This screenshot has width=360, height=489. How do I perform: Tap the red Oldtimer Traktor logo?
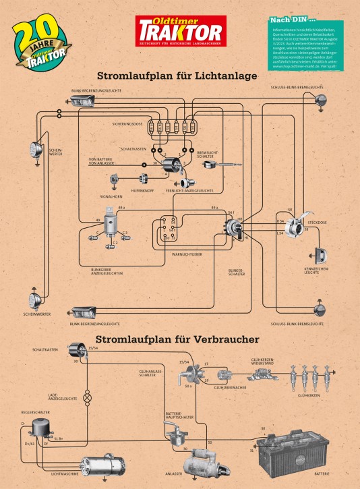coord(180,30)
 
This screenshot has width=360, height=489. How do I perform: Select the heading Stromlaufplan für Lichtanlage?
coord(177,76)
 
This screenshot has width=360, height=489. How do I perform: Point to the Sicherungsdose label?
coord(127,124)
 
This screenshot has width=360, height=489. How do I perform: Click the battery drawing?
coord(302,451)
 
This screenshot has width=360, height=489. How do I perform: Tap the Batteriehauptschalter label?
coord(179,415)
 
